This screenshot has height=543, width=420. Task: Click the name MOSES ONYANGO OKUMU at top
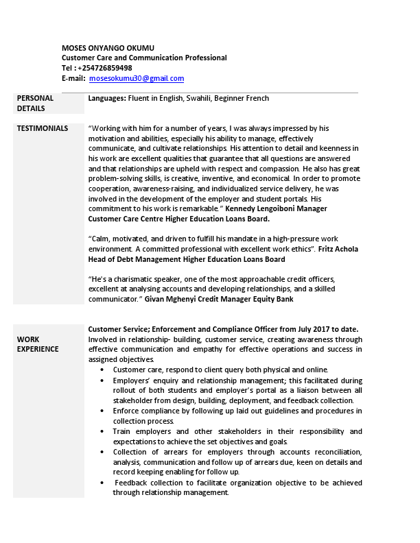click(108, 47)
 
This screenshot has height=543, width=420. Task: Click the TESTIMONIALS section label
click(42, 128)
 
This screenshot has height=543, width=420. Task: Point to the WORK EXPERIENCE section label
click(38, 344)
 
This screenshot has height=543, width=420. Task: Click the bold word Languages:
click(107, 99)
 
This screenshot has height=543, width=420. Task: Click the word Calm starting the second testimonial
click(100, 239)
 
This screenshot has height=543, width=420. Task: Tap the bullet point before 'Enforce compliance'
click(103, 411)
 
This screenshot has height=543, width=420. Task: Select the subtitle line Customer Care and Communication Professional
click(144, 58)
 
